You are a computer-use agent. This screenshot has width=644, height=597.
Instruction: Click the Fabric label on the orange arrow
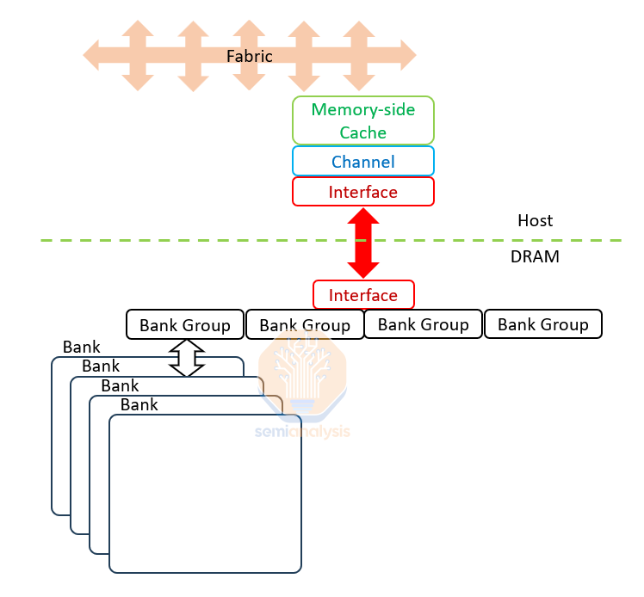(x=249, y=56)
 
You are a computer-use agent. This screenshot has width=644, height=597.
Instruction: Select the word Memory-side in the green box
(x=363, y=109)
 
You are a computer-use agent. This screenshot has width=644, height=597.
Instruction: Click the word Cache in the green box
(x=362, y=132)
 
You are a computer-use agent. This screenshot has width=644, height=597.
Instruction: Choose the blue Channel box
(x=362, y=162)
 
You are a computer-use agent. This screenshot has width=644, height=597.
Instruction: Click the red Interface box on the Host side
(x=362, y=192)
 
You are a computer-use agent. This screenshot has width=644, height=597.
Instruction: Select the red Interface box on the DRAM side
(x=363, y=295)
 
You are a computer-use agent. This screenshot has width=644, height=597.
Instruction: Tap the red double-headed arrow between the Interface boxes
(x=362, y=243)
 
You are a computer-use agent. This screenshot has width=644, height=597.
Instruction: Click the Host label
(x=535, y=220)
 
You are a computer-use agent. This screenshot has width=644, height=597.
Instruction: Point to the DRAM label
(x=535, y=255)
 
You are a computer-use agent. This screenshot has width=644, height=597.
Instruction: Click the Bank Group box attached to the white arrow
(x=185, y=325)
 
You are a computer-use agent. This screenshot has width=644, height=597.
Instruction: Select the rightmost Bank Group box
(x=542, y=324)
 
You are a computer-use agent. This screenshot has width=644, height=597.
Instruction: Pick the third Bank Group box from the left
(x=423, y=324)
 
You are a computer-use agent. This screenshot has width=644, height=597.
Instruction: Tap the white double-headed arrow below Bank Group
(x=187, y=357)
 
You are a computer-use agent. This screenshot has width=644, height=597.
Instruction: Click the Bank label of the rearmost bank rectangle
(x=81, y=348)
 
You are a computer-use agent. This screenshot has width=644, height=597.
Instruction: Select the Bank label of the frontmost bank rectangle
(x=139, y=404)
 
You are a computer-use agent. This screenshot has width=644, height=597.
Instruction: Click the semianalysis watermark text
(x=303, y=431)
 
